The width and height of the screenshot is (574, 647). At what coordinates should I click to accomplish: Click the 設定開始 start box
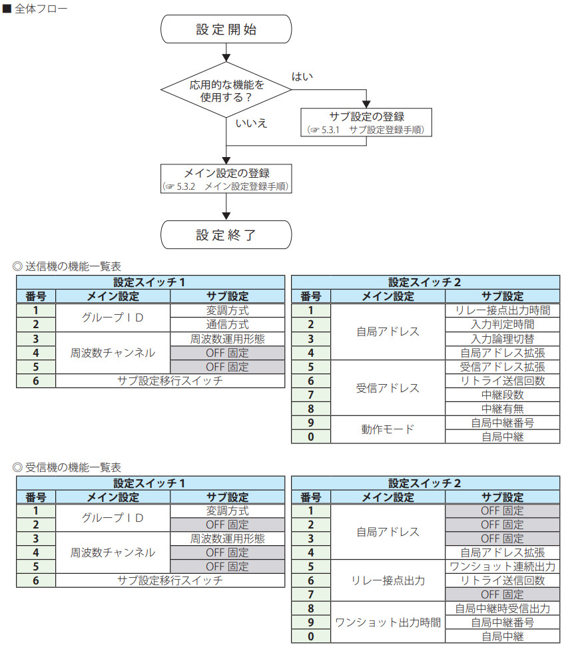point(226,30)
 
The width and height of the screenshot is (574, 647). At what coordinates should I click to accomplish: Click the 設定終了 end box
point(226,235)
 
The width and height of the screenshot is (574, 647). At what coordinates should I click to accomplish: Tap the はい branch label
point(302,77)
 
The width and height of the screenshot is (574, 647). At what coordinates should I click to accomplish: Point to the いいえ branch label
point(251,123)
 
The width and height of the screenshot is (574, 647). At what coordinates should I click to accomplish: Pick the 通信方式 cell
point(227,325)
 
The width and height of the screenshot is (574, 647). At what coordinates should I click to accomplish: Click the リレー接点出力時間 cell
point(501,311)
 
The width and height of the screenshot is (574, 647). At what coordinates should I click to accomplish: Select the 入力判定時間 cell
point(501,325)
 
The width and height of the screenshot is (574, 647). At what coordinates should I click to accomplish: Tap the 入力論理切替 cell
point(501,339)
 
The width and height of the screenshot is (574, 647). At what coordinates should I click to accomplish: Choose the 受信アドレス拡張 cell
point(501,367)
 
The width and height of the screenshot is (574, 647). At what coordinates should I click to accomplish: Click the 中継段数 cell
point(501,395)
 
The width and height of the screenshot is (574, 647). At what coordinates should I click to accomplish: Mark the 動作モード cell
point(388,429)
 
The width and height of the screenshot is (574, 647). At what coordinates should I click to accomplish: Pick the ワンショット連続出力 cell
point(501,566)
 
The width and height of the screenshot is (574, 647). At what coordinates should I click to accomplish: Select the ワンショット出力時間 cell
point(388,622)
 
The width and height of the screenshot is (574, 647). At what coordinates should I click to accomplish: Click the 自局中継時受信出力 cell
point(501,608)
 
